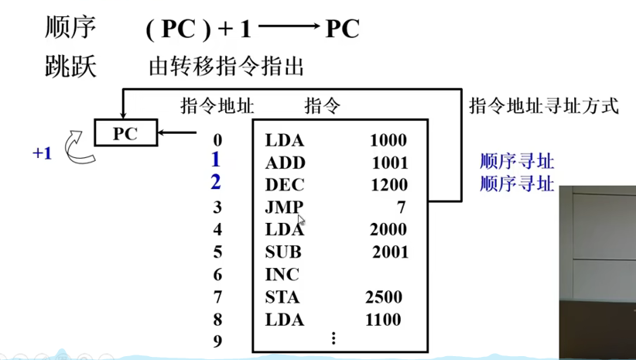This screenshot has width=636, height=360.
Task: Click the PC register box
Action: (x=125, y=133)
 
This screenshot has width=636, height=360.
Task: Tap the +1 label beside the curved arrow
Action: (x=42, y=153)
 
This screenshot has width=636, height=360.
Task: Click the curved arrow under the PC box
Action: (x=77, y=149)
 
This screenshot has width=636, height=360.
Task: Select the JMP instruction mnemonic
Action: (x=284, y=207)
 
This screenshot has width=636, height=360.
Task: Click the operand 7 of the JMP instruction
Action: (x=401, y=207)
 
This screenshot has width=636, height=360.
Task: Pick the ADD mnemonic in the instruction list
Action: (x=285, y=163)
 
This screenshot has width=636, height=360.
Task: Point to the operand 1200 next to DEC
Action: (x=388, y=185)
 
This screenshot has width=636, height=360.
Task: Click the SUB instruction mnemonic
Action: (x=283, y=252)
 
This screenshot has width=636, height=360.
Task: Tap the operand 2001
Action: (x=389, y=252)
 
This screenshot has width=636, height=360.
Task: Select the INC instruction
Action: (x=282, y=274)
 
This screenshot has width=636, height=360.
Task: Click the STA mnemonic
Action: (x=282, y=297)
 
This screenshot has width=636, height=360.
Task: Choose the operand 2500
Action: (x=384, y=297)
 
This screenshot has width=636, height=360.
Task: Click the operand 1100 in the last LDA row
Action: (x=384, y=319)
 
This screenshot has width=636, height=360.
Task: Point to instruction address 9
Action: (x=217, y=340)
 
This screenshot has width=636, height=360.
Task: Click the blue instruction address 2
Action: (x=216, y=183)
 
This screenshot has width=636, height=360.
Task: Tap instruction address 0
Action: (x=217, y=140)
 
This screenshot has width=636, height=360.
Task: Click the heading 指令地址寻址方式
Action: (x=544, y=106)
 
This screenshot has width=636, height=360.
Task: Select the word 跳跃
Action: (x=70, y=66)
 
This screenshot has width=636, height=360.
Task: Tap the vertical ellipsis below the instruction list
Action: (x=333, y=338)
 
